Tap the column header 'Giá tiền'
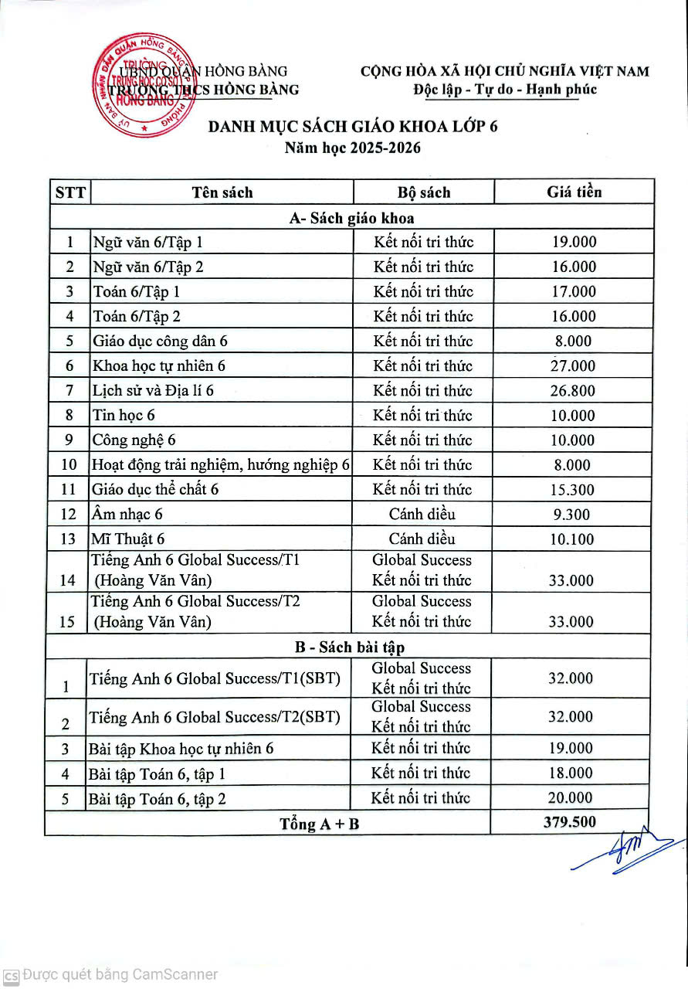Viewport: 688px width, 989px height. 574,192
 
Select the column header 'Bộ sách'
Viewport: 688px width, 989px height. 423,192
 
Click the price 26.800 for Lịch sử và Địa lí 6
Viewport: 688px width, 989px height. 572,391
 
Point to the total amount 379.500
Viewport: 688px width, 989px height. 570,822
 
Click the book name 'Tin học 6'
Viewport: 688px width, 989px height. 124,416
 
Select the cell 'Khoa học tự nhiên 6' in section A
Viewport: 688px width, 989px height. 158,366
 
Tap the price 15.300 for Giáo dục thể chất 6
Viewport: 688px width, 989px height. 572,490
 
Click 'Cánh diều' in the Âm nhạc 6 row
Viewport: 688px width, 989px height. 422,515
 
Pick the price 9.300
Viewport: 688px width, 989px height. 572,515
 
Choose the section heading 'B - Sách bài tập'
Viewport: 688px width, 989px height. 351,647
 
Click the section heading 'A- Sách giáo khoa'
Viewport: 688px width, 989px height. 351,218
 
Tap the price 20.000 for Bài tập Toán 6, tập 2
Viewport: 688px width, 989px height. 570,798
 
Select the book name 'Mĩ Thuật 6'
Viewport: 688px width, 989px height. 128,539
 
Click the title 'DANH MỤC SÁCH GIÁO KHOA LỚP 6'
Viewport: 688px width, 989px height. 353,127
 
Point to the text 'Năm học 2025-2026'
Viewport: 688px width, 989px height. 353,148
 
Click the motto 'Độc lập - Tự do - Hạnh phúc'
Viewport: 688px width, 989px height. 505,90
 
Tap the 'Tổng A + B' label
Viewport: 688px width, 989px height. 319,824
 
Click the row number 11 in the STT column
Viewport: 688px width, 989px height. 69,490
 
